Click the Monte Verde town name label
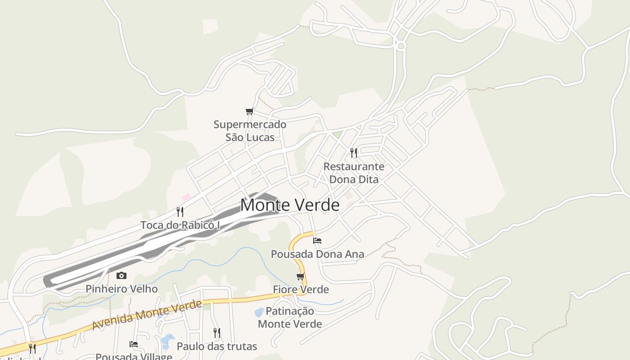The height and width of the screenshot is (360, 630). click(290, 205)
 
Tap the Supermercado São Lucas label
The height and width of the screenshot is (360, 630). click(250, 131)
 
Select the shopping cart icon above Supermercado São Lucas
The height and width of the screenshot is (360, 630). click(250, 111)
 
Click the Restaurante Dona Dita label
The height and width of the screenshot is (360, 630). click(354, 173)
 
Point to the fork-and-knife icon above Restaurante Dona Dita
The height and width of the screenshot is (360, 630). click(354, 153)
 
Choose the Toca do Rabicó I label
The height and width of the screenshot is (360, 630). click(180, 225)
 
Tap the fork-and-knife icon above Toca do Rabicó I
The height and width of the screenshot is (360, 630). click(180, 212)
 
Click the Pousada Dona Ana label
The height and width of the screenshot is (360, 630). click(317, 254)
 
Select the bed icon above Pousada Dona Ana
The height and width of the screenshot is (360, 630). click(317, 241)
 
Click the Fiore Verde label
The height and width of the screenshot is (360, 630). click(301, 289)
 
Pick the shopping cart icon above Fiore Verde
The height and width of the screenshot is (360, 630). click(301, 276)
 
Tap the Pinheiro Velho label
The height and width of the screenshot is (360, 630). click(121, 289)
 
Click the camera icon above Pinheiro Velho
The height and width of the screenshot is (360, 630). click(121, 276)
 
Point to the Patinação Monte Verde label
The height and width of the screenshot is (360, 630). click(290, 317)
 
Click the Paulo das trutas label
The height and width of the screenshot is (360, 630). click(216, 346)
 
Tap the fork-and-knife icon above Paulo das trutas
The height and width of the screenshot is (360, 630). click(216, 333)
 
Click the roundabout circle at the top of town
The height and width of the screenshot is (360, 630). click(401, 46)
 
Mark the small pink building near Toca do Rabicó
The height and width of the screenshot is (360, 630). click(186, 197)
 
